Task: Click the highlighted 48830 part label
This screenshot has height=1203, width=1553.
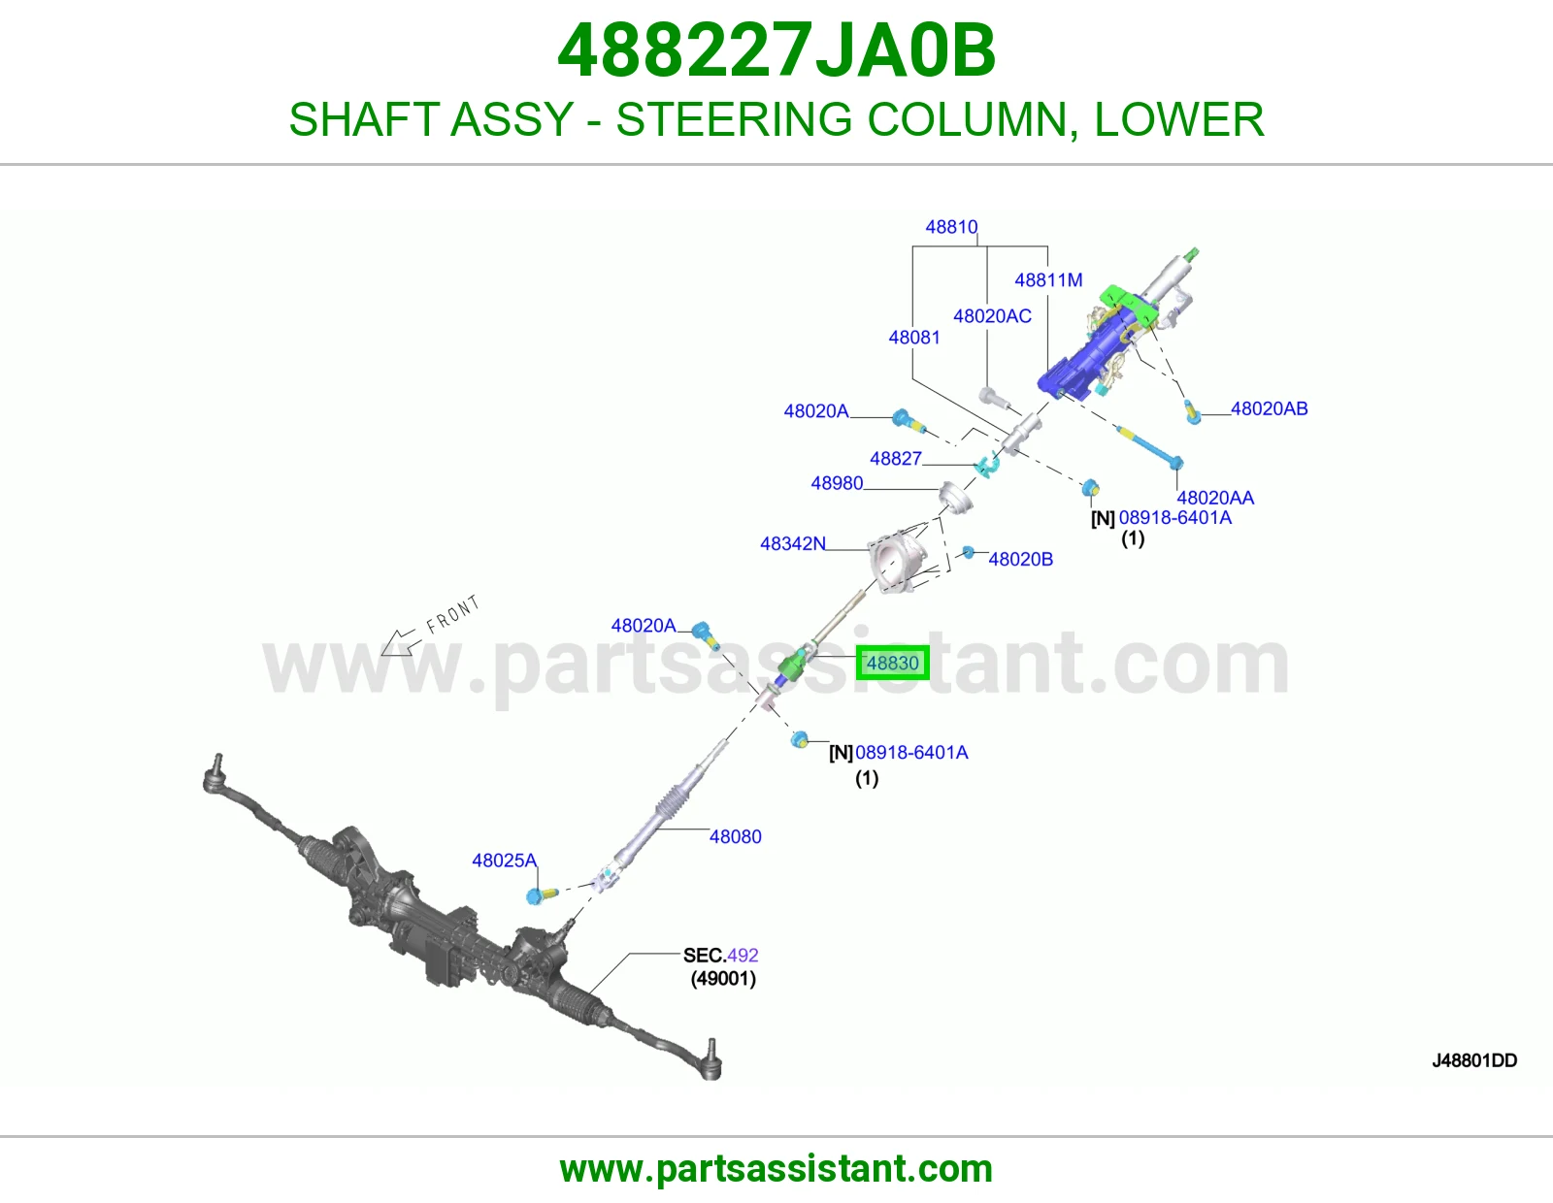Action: click(893, 663)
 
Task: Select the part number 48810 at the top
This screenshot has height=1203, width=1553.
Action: click(951, 226)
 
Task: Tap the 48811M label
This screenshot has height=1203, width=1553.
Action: click(1048, 280)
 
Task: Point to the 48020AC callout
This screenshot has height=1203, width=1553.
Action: click(992, 315)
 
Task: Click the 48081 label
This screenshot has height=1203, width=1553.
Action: click(914, 338)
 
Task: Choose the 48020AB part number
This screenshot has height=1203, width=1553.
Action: click(1270, 408)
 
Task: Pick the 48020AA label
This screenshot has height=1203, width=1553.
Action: click(1215, 497)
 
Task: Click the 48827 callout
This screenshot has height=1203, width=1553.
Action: click(896, 458)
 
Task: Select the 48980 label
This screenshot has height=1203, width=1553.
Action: click(837, 483)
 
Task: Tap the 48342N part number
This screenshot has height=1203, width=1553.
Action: click(793, 543)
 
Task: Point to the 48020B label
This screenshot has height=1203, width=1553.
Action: click(1020, 559)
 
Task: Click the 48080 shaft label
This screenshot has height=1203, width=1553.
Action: click(736, 836)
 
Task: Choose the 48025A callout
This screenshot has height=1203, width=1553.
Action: click(504, 861)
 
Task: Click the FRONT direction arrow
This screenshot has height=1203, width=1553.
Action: click(397, 642)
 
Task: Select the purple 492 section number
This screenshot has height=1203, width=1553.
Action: click(742, 955)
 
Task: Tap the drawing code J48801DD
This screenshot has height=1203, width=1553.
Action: click(1474, 1060)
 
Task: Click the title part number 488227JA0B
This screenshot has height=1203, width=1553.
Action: click(776, 50)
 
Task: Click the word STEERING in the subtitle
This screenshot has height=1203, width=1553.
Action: click(734, 118)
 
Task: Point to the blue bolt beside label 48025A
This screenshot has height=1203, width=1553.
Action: click(541, 895)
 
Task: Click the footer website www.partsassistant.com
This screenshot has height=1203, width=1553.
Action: click(776, 1169)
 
